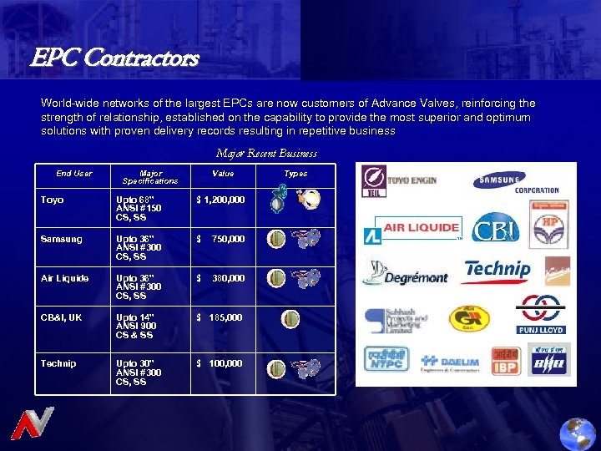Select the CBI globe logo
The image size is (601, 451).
click(495, 228)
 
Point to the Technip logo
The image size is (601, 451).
click(497, 270)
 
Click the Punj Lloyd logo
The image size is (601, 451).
click(540, 315)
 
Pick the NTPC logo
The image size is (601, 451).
click(386, 359)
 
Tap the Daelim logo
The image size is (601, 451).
click(452, 362)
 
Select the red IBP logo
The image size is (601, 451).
click(506, 360)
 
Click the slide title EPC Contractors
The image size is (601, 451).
click(114, 58)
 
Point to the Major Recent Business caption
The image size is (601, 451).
click(266, 153)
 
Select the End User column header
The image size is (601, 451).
click(74, 174)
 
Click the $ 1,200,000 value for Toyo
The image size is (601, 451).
click(220, 200)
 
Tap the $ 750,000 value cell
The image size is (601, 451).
click(220, 240)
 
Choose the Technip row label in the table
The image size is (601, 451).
click(58, 363)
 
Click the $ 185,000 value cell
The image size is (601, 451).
click(220, 317)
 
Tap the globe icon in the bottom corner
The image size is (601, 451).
click(578, 433)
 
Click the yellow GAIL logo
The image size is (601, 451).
click(470, 319)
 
